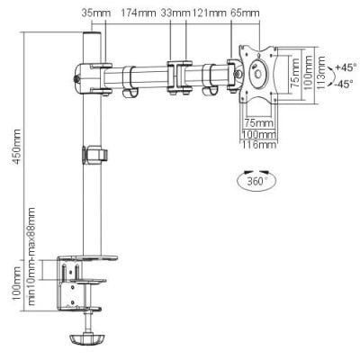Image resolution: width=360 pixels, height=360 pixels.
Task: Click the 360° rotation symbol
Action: tap(256, 182)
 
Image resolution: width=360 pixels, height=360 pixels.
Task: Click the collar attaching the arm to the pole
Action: tap(90, 73)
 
